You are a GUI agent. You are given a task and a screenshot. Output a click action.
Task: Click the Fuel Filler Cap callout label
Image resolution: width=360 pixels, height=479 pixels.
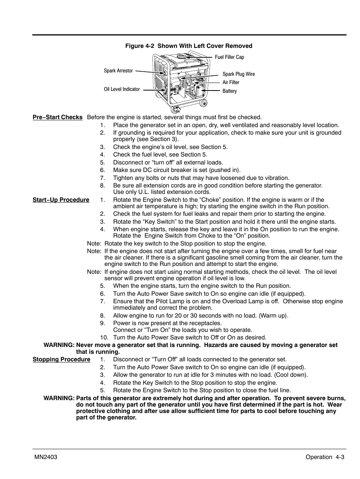[x=229, y=57]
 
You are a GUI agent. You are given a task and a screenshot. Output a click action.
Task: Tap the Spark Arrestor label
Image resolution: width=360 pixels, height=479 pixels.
[x=118, y=71]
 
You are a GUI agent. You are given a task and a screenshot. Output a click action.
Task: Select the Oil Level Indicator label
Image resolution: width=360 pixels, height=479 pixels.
[x=122, y=89]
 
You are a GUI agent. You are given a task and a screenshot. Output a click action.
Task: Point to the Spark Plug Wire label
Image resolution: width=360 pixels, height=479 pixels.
[x=238, y=74]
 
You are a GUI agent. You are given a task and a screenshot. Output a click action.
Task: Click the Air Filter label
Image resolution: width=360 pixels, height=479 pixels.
[x=231, y=83]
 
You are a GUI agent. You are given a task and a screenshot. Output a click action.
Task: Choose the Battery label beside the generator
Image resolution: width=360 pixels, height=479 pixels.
[x=229, y=91]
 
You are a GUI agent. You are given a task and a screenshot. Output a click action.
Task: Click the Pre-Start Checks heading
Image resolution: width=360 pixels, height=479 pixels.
[x=57, y=117]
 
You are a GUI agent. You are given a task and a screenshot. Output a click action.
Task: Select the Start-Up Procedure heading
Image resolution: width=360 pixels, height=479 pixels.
[x=61, y=200]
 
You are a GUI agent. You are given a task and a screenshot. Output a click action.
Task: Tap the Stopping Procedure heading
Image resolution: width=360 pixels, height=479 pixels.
[x=61, y=359]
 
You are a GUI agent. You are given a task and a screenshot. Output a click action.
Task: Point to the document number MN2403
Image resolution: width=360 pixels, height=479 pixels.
[x=45, y=457]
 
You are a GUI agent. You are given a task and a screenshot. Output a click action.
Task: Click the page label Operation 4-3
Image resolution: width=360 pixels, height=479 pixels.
[x=325, y=457]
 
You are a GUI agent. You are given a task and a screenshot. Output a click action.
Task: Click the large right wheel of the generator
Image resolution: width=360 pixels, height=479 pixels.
[x=204, y=103]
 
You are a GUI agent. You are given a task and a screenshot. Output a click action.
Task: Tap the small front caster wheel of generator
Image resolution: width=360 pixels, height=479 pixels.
[x=175, y=110]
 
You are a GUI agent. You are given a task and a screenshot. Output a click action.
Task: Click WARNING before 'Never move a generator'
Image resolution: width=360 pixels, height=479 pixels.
[x=59, y=345]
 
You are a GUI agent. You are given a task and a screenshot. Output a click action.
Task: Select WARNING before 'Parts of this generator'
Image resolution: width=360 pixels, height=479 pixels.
[x=59, y=398]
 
